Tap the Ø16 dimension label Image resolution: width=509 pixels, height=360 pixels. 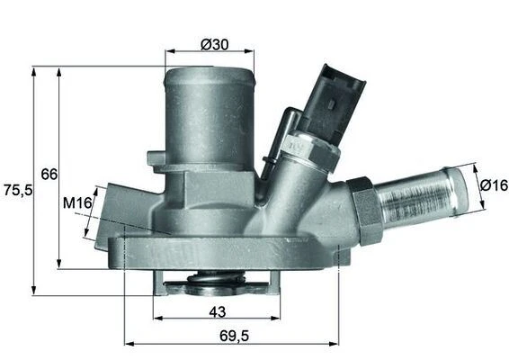(493, 184)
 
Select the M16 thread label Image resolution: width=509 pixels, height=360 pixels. (77, 203)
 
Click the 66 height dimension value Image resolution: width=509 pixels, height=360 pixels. (49, 173)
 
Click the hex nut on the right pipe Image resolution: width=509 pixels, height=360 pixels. (366, 211)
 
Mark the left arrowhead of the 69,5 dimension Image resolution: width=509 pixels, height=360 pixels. (127, 343)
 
